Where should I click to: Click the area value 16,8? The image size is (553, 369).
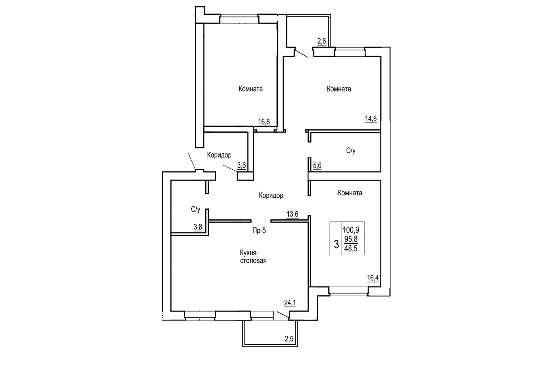tap(264, 122)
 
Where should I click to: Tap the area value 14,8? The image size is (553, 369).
tap(371, 119)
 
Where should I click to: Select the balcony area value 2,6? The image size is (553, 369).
tap(321, 41)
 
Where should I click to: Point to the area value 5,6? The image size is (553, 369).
tap(317, 166)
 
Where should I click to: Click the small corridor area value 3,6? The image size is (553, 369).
tap(242, 166)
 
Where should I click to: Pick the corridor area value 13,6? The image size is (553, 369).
tap(292, 214)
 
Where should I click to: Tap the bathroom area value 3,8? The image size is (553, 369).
tap(198, 227)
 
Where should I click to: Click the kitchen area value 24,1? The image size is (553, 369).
tap(290, 303)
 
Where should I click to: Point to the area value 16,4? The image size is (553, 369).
tap(373, 278)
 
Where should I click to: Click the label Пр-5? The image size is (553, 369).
tap(259, 231)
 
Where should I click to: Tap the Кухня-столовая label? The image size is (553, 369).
tap(253, 256)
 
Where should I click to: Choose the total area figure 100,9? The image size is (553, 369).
tap(351, 230)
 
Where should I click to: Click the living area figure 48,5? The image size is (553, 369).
tap(350, 249)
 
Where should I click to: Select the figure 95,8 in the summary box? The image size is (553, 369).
tap(350, 239)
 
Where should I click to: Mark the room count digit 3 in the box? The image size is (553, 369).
tap(336, 244)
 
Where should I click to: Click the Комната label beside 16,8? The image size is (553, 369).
tap(250, 89)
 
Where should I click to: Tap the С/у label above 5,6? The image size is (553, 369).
tap(351, 151)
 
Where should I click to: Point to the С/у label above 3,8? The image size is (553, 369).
tap(196, 209)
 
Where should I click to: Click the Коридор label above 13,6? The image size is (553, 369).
tap(271, 196)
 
